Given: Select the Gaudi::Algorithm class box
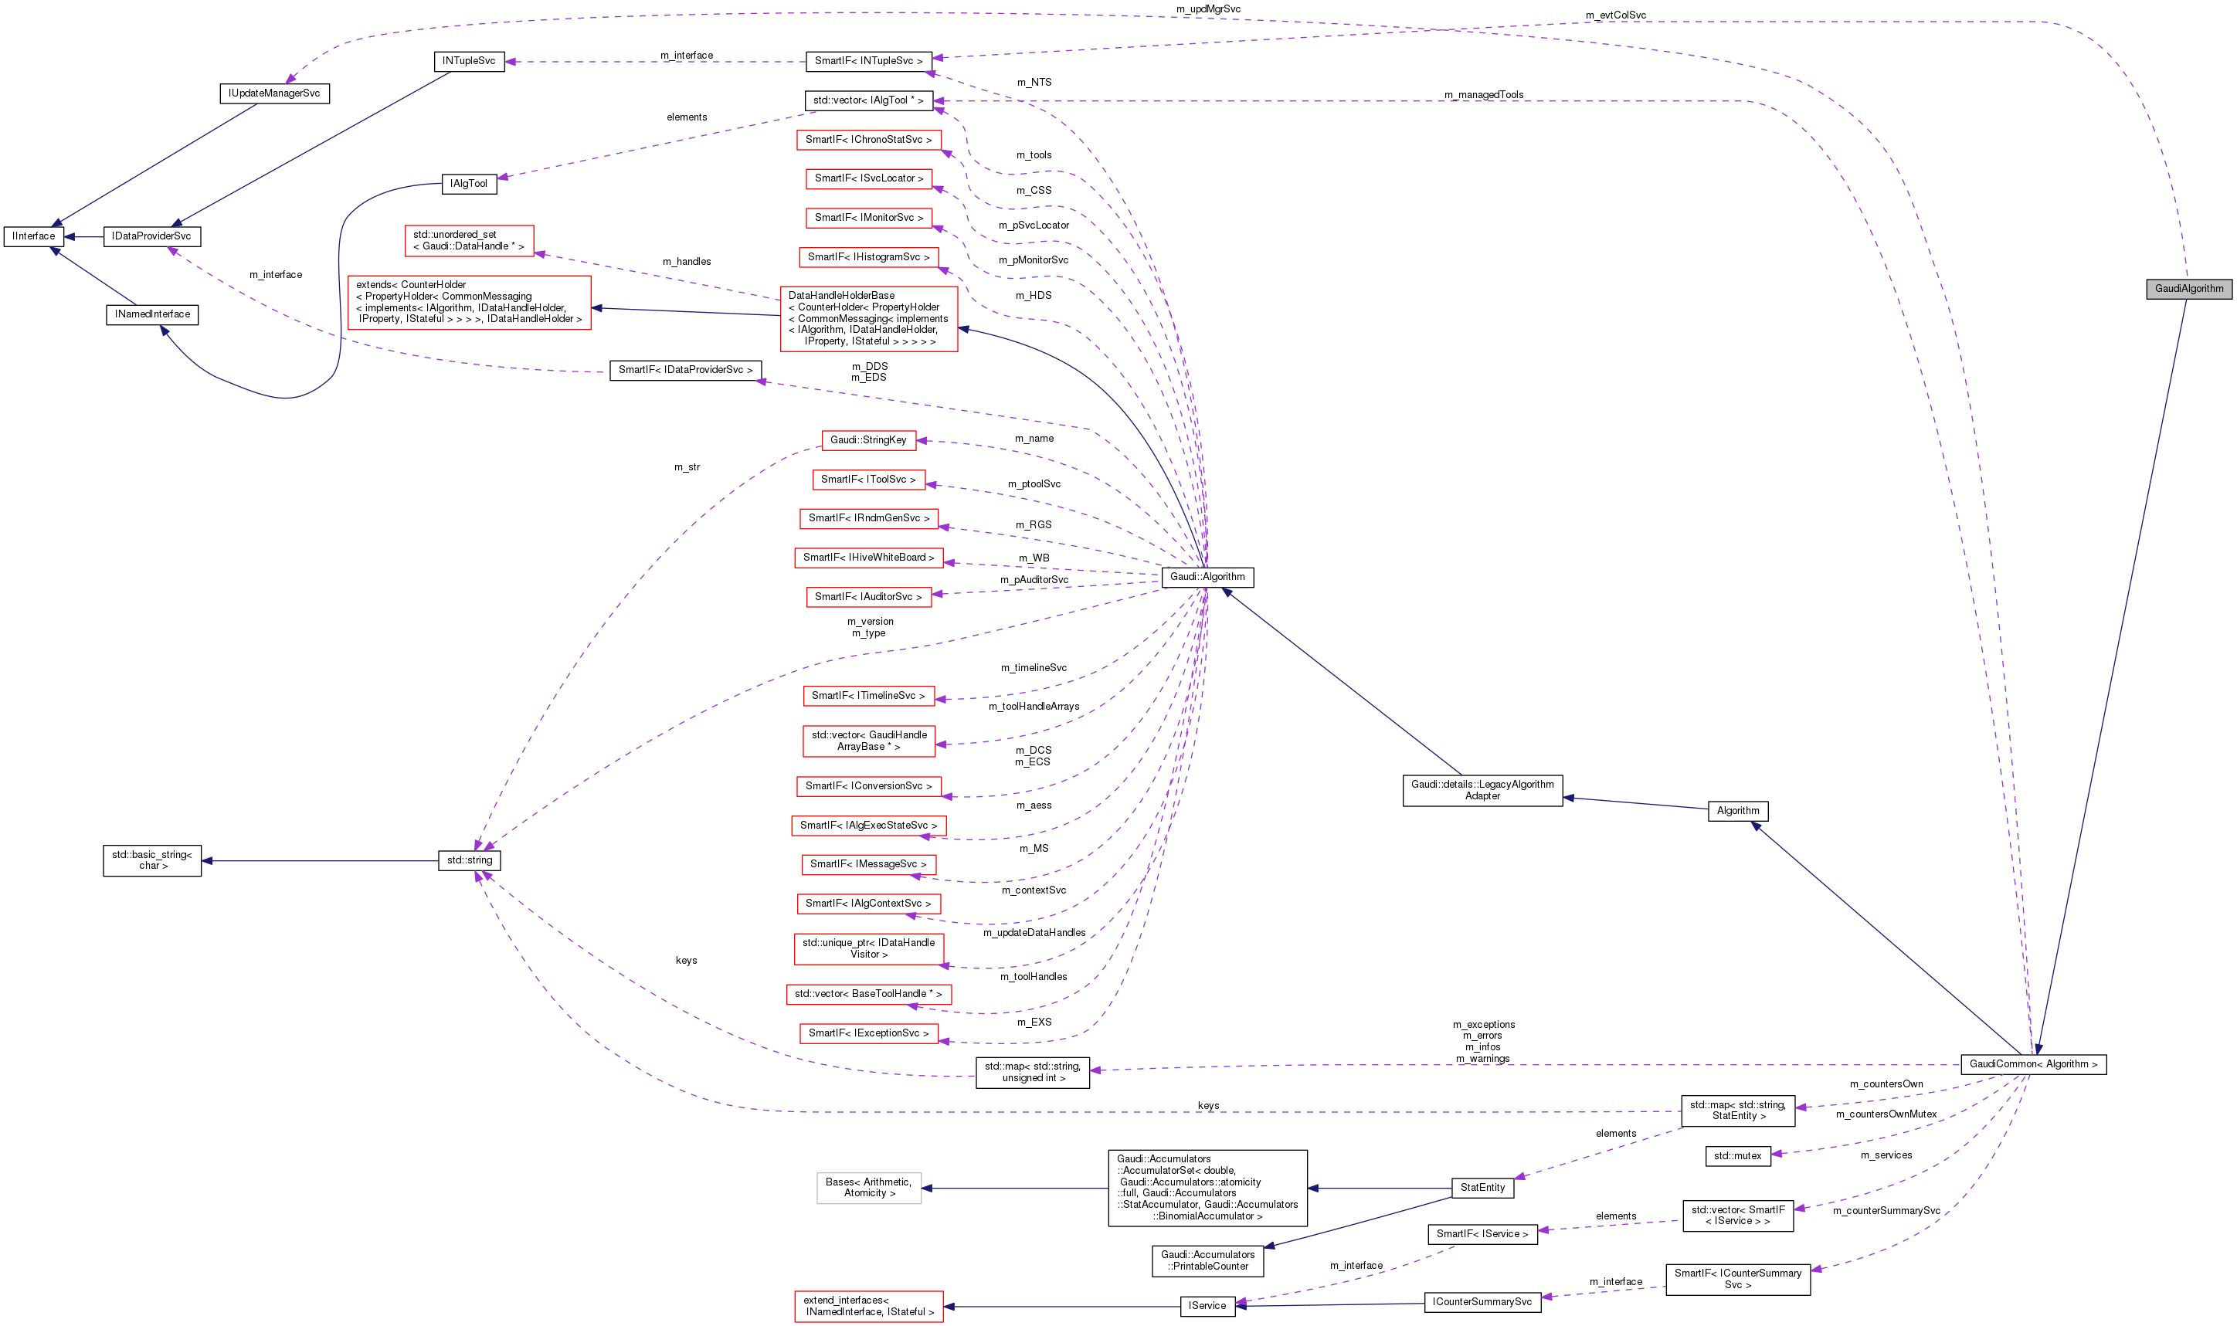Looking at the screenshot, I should click(1207, 577).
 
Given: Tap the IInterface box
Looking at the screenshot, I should click(34, 237).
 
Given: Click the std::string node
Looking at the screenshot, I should click(469, 860).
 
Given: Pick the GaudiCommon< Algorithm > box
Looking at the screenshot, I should click(2032, 1064).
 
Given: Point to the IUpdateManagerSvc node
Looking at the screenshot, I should click(274, 93).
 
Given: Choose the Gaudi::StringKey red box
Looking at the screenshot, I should click(867, 439).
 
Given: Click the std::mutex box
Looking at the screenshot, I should click(1737, 1156).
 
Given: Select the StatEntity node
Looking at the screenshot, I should click(1482, 1188).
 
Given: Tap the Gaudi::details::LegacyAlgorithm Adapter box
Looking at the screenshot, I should click(1482, 790).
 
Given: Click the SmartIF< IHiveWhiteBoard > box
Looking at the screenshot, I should click(867, 558).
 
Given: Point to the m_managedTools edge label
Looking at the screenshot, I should click(1484, 95).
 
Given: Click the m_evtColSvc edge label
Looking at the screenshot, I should click(1615, 15).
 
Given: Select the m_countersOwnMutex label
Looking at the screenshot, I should click(1886, 1114).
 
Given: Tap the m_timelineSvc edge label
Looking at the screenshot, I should click(1034, 667).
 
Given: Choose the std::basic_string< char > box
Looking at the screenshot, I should click(152, 860).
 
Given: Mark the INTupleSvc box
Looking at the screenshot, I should click(468, 62).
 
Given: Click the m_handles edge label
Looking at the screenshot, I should click(687, 262).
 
